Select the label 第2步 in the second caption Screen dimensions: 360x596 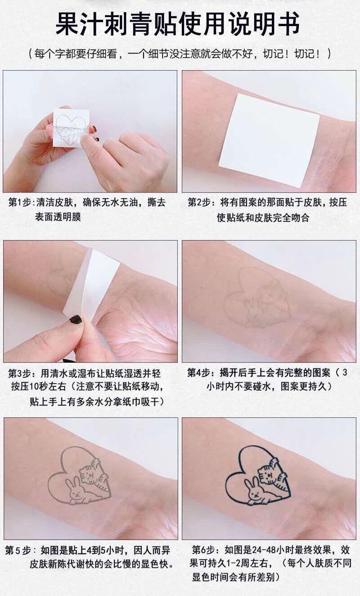[199, 203]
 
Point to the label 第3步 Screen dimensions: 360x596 [20, 373]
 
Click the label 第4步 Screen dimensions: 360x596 [199, 373]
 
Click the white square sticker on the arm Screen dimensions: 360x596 [269, 140]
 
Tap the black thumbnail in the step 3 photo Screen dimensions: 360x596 [76, 319]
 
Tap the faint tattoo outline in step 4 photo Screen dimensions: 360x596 [257, 298]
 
